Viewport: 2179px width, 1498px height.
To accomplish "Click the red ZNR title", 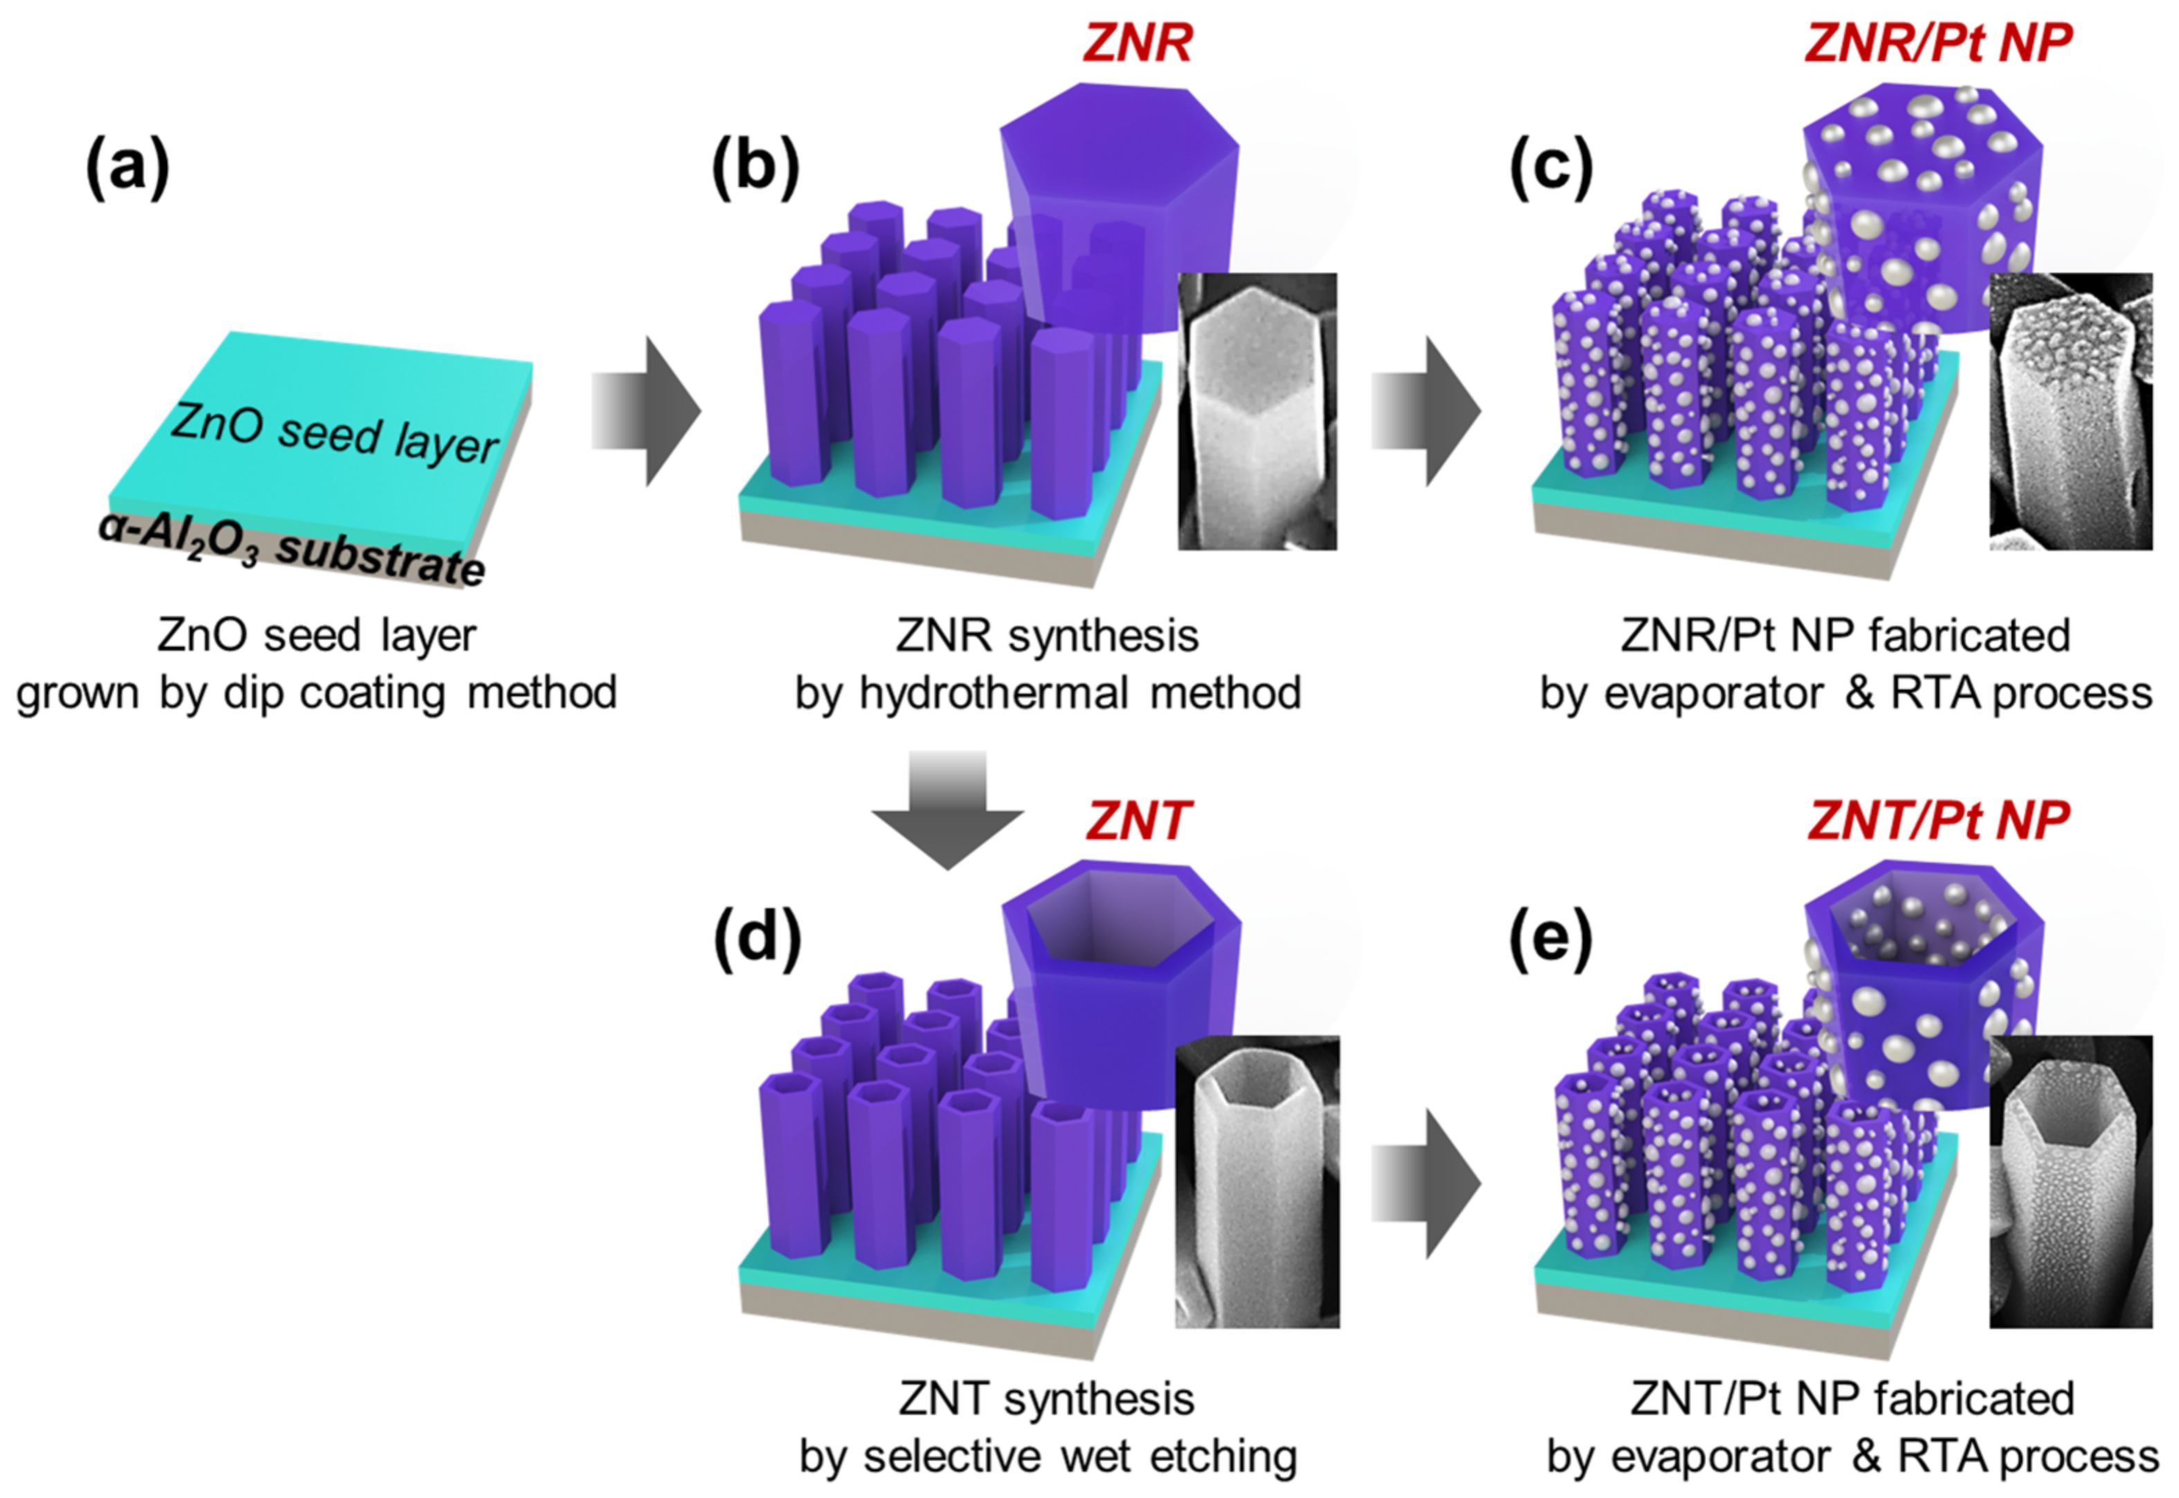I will coord(1137,43).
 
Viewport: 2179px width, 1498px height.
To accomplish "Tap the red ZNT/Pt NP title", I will coord(1939,821).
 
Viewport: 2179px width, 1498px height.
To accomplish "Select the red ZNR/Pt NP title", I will coord(1939,43).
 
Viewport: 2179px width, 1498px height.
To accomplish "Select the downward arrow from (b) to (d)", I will coord(948,809).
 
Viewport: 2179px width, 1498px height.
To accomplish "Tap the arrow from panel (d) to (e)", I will coord(1427,1182).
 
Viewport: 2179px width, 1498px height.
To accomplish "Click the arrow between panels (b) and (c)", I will coord(1427,411).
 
